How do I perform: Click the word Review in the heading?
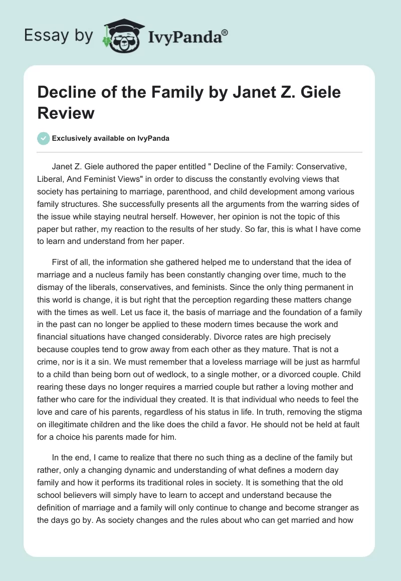(66, 112)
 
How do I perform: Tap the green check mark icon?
(44, 139)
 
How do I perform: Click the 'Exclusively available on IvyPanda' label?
(110, 139)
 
